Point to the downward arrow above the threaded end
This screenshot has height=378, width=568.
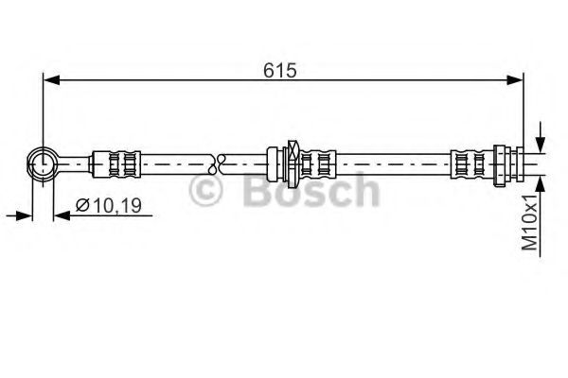tap(539, 142)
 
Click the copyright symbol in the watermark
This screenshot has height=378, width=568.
tap(206, 193)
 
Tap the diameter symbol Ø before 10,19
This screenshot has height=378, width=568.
tap(82, 203)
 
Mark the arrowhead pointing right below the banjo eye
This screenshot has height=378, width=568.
tap(26, 216)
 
